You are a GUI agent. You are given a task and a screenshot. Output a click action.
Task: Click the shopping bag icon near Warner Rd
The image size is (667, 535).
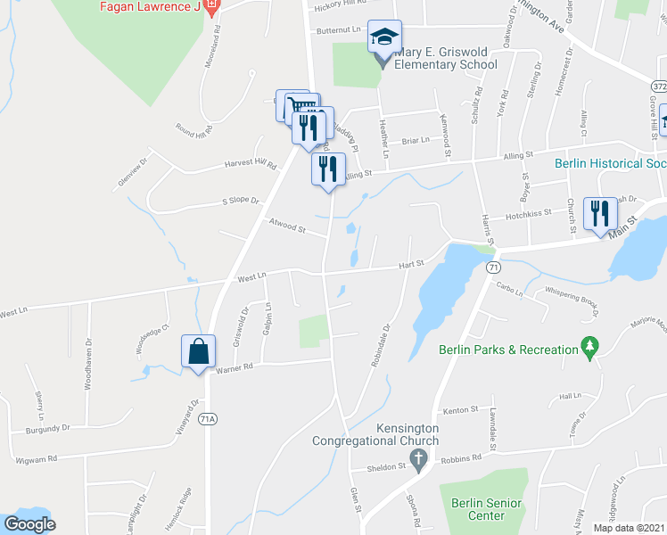198,350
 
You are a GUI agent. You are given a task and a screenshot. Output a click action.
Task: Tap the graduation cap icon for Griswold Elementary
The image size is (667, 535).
384,37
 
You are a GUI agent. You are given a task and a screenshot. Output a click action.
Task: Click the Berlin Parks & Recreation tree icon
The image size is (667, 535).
589,346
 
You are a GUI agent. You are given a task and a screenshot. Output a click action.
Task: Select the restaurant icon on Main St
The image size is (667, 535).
599,213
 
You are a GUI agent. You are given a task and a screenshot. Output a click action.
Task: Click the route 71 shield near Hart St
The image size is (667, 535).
491,267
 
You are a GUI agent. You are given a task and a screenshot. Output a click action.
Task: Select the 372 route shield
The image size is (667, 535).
658,86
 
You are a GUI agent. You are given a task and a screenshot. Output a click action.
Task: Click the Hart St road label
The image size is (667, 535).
411,264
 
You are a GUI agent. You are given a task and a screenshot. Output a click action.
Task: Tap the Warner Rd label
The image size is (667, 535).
235,366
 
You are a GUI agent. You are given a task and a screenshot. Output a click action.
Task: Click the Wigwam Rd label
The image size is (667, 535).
37,459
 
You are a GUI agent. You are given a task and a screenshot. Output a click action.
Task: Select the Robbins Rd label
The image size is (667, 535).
465,457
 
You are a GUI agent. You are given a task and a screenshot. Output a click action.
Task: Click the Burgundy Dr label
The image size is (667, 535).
48,429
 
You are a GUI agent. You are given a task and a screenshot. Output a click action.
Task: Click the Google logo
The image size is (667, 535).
29,524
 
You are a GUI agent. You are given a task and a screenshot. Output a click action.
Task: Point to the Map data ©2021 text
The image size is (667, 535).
629,528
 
